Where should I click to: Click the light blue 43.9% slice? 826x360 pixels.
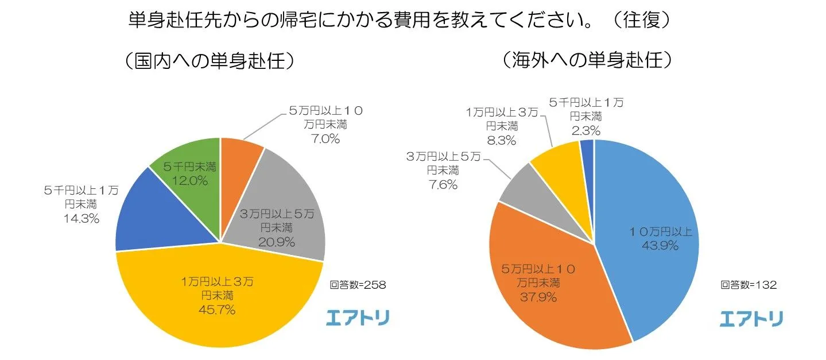coord(649,230)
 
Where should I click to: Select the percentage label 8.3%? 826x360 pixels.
coord(502,140)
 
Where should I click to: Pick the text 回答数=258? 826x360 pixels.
coord(358,284)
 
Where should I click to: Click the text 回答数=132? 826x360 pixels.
coord(749,284)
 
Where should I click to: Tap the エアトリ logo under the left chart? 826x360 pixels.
coord(358,318)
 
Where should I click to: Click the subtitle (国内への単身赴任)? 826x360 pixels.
coord(212,60)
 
